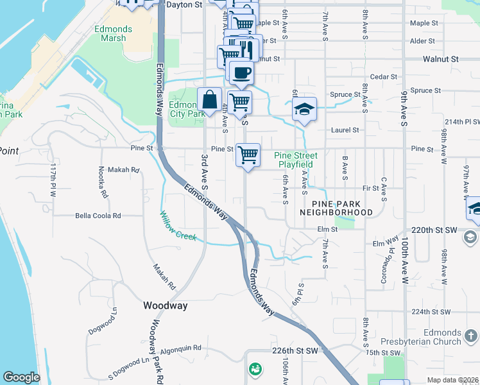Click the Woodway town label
[x=166, y=305]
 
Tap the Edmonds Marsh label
[x=113, y=33]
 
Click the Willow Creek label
[x=178, y=227]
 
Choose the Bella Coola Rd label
[x=98, y=216]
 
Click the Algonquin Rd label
[x=180, y=348]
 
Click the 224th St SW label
[x=431, y=311]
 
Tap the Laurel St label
[x=345, y=130]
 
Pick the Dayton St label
[x=184, y=4]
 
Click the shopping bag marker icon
[x=209, y=100]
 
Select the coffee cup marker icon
[x=241, y=73]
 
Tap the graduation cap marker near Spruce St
[x=304, y=108]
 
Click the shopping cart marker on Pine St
[x=248, y=154]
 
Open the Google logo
[x=21, y=377]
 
